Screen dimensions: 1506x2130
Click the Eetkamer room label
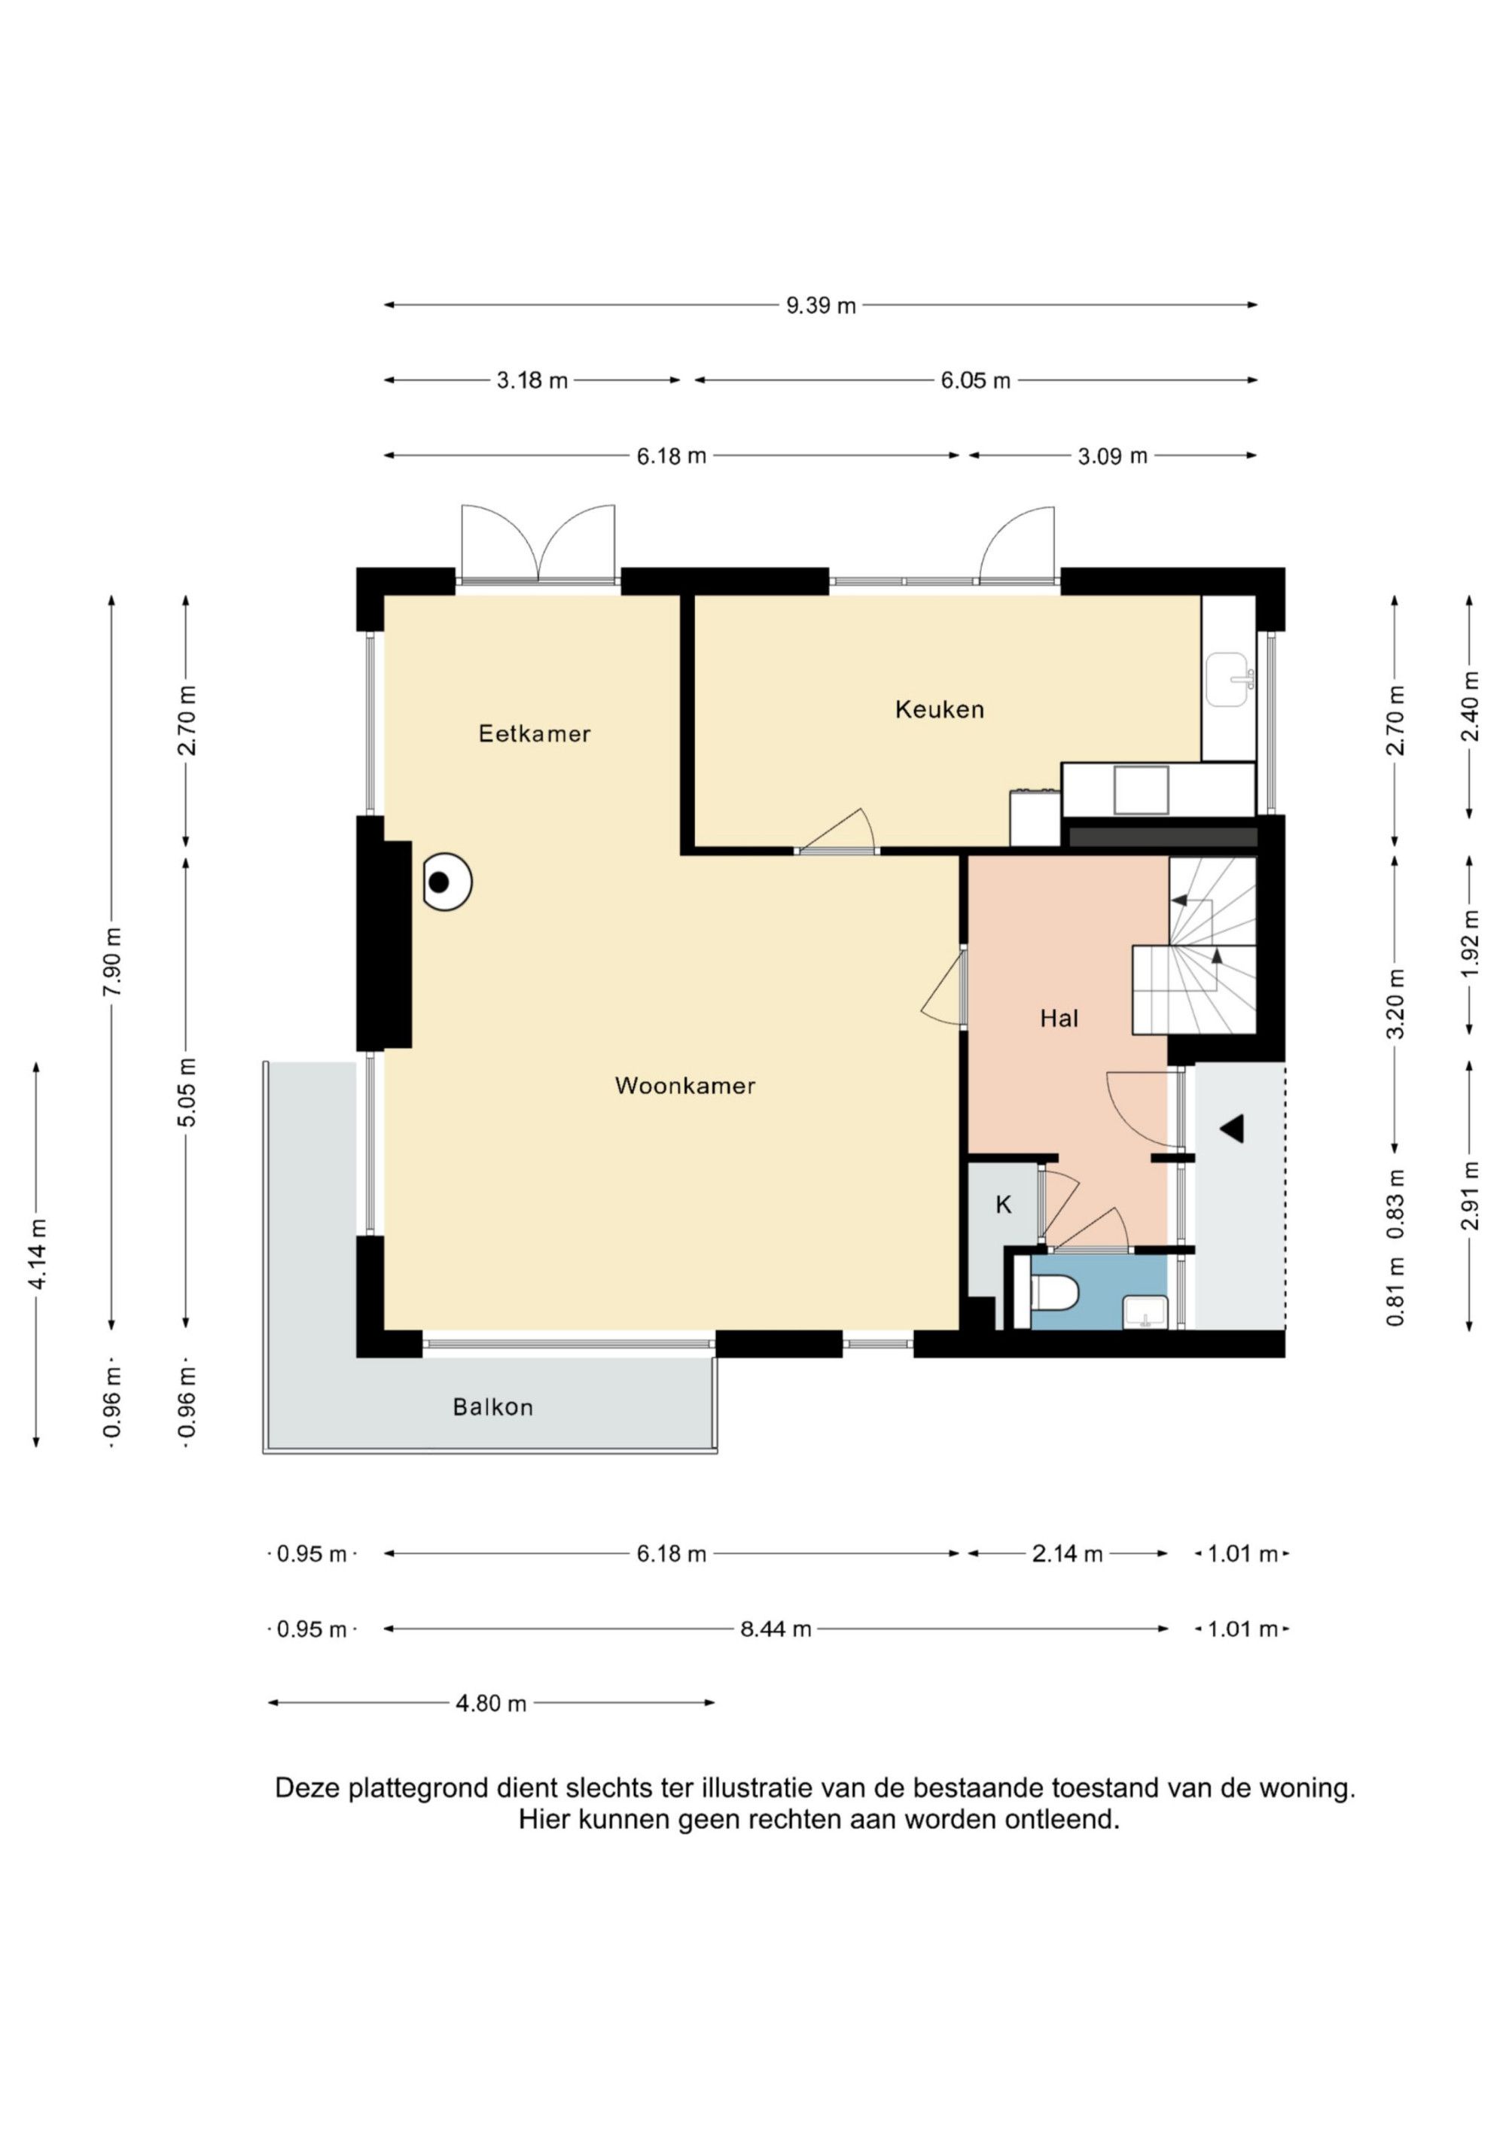pyautogui.click(x=535, y=734)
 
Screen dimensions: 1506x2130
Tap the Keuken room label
pyautogui.click(x=939, y=710)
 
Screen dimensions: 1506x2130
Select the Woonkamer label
pyautogui.click(x=684, y=1086)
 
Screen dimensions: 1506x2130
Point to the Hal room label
pyautogui.click(x=1059, y=1019)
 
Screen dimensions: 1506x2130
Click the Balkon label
pyautogui.click(x=492, y=1407)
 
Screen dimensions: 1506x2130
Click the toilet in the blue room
pyautogui.click(x=1055, y=1291)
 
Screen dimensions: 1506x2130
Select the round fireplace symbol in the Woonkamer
pyautogui.click(x=447, y=882)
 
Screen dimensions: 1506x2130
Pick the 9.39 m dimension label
pyautogui.click(x=822, y=305)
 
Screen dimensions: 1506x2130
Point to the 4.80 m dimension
pyautogui.click(x=491, y=1703)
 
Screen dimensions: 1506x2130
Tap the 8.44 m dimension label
pyautogui.click(x=776, y=1629)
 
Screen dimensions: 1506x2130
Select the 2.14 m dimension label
pyautogui.click(x=1067, y=1554)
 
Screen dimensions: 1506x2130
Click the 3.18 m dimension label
pyautogui.click(x=532, y=380)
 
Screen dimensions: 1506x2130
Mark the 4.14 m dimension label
pyautogui.click(x=37, y=1254)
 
